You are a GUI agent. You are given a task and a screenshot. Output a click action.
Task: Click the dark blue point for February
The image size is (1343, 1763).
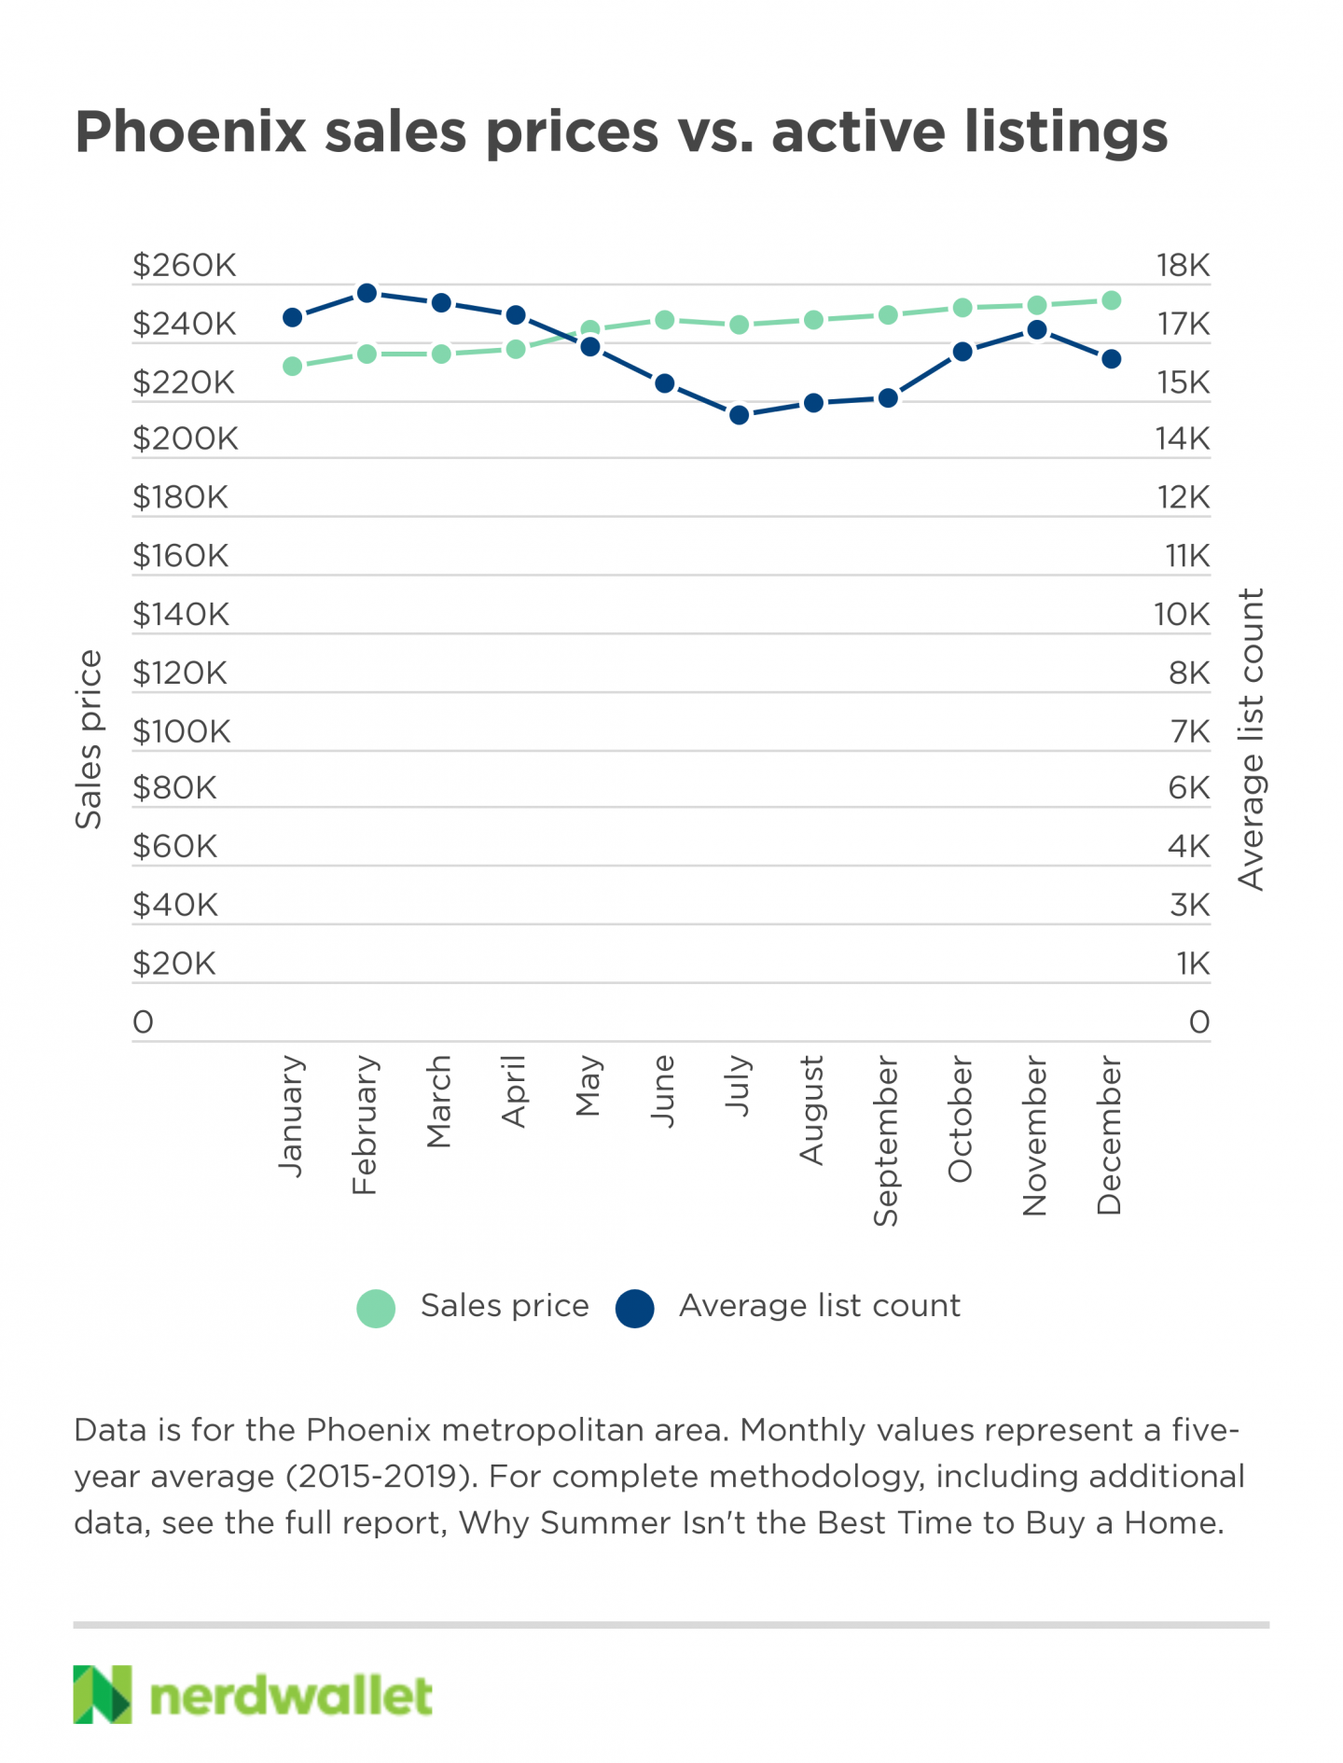click(x=367, y=293)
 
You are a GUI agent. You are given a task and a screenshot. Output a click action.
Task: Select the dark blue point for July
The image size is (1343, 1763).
click(x=740, y=415)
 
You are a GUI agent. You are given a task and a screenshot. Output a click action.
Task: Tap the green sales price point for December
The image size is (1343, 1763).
click(x=1111, y=300)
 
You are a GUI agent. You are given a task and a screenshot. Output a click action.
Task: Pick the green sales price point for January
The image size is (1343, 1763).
click(x=293, y=367)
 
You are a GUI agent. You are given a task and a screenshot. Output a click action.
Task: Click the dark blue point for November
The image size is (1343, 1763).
click(x=1036, y=329)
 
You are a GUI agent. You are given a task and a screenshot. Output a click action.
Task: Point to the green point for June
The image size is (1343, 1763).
click(x=665, y=320)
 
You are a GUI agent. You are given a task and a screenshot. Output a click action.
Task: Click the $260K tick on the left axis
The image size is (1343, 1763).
click(x=185, y=266)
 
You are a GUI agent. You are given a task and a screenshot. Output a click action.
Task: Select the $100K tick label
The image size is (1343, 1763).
click(x=181, y=731)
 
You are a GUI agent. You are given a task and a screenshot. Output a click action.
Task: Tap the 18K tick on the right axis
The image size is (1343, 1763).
click(x=1183, y=266)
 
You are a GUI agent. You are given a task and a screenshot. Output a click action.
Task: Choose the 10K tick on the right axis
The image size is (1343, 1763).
click(x=1182, y=615)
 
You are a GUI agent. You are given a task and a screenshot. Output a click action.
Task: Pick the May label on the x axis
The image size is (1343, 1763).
click(x=588, y=1087)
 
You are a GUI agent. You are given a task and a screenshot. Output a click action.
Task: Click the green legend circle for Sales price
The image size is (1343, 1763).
click(x=377, y=1308)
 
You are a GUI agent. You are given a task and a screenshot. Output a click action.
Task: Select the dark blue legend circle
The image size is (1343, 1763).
click(x=635, y=1308)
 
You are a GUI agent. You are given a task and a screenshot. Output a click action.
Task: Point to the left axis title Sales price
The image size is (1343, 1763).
click(x=89, y=740)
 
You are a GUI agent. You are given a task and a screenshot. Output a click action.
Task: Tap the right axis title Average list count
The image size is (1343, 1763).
click(x=1251, y=739)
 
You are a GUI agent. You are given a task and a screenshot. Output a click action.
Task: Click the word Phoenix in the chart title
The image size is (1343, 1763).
click(x=191, y=132)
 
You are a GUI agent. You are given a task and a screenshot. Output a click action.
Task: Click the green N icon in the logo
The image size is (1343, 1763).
click(x=103, y=1694)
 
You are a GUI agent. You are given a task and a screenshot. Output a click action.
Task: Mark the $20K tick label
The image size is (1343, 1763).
click(x=174, y=964)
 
